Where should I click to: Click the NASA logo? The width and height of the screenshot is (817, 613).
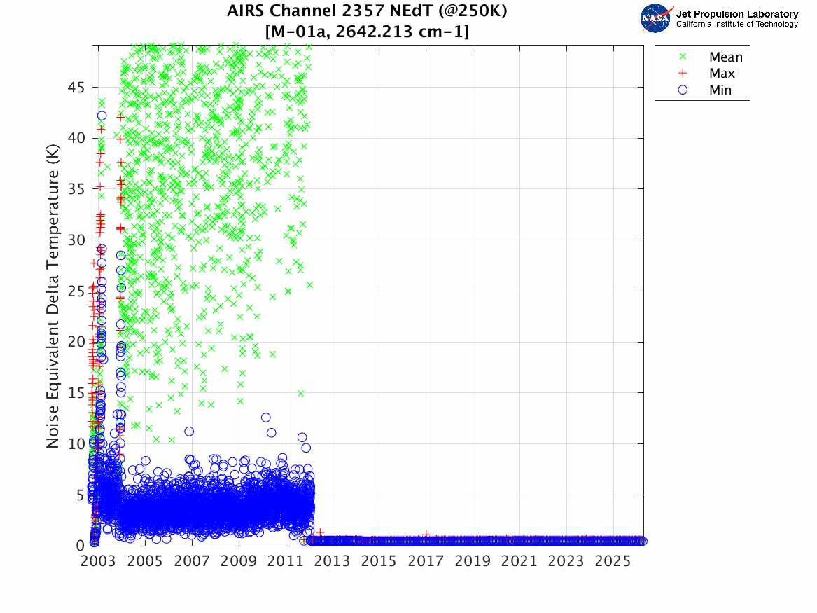656,18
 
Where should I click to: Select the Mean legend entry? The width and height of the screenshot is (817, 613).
725,57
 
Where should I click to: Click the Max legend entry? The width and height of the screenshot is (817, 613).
722,74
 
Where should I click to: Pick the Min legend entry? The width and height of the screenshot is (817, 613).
720,90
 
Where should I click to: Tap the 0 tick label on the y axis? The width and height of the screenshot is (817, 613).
81,546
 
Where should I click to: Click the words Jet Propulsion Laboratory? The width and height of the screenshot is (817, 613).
736,14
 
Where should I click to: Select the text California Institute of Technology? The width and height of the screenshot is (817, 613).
736,24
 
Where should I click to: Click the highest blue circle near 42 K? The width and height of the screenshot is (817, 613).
102,116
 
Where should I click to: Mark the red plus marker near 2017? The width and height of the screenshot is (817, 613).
426,535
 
